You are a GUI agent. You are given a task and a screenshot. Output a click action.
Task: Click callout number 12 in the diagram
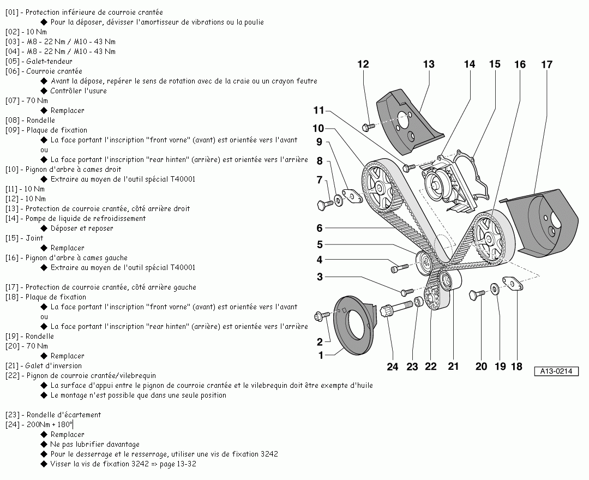point(363,64)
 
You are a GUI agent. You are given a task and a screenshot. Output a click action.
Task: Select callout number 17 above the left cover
point(546,64)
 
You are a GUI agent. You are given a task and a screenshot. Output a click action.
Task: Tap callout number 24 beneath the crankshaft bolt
point(393,367)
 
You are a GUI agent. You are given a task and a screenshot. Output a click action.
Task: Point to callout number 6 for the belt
point(320,229)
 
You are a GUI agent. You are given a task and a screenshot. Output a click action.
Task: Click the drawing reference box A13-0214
point(556,371)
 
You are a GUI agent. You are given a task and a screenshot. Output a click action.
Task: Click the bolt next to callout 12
point(368,127)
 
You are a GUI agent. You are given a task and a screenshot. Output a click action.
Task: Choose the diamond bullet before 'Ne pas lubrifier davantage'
point(44,444)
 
